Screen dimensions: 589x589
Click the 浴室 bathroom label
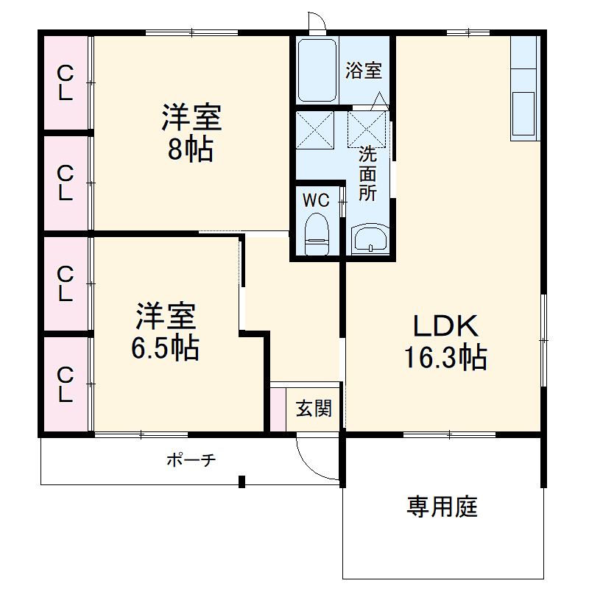[x=364, y=71]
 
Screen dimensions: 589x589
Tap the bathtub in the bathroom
[x=317, y=71]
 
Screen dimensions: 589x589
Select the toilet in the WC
[x=317, y=234]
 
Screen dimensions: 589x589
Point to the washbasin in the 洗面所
[x=370, y=239]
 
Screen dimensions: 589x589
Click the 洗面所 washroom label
[x=367, y=174]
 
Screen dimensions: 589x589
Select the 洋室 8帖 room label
[x=191, y=133]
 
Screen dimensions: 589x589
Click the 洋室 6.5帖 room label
[x=165, y=331]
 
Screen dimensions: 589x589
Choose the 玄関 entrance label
[x=314, y=409]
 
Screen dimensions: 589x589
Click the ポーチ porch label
[x=191, y=461]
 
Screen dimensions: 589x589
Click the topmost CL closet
[x=66, y=82]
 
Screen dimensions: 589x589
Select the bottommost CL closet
[x=66, y=384]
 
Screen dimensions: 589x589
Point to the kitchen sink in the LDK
[x=524, y=115]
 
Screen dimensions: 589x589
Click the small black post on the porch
[x=241, y=482]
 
